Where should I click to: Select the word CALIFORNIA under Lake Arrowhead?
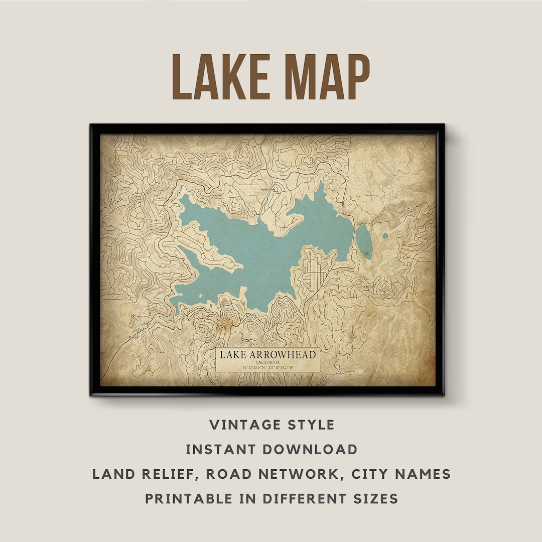point(267,362)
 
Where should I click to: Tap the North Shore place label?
point(268,189)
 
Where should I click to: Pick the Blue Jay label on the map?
point(132,338)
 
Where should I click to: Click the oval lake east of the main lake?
point(364,241)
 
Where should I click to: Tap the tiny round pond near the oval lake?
point(385,235)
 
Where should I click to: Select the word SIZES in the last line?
point(374,498)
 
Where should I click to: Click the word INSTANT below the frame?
point(219,449)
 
